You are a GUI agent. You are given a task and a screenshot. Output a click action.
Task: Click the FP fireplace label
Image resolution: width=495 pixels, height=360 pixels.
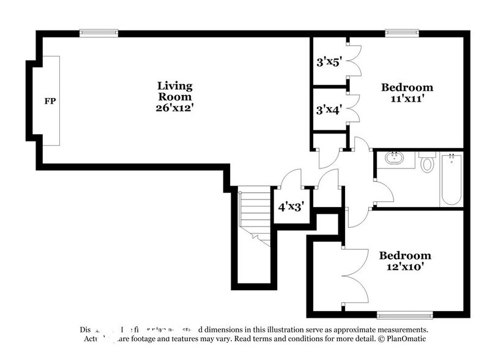(x=50, y=101)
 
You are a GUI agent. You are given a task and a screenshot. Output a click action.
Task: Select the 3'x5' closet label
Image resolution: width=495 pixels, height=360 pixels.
(x=328, y=62)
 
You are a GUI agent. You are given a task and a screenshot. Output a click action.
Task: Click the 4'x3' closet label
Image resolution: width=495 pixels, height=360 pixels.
(x=291, y=207)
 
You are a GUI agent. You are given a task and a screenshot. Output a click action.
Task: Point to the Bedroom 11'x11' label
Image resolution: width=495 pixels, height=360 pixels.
(x=407, y=92)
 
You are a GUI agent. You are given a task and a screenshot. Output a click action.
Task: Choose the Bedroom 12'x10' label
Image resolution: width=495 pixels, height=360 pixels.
(x=404, y=261)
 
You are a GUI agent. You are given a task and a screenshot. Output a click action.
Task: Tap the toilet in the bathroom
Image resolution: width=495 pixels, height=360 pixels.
(x=428, y=163)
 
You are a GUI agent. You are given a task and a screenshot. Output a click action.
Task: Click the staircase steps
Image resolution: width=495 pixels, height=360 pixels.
(x=253, y=214)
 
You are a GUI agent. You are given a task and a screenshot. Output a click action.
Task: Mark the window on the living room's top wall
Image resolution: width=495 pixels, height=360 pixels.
(x=99, y=33)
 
